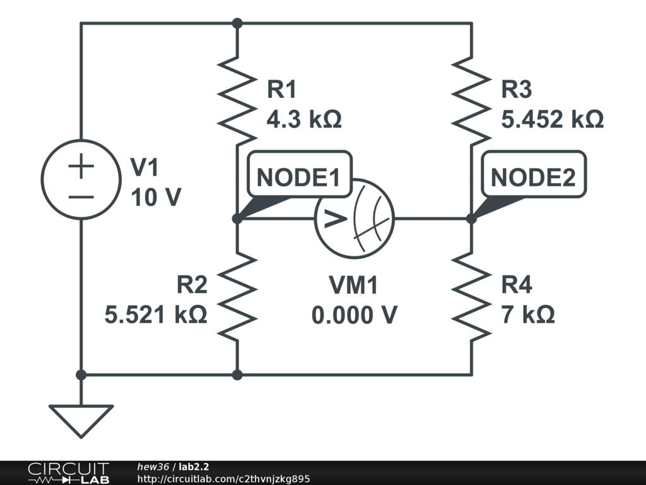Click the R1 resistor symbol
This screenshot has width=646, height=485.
(237, 99)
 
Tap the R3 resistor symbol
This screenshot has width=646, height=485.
(472, 99)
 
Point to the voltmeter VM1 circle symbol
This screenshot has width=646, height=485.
(354, 219)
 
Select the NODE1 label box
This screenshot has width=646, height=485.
(298, 177)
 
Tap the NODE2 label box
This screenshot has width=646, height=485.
(533, 177)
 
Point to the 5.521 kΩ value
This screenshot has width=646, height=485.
(156, 314)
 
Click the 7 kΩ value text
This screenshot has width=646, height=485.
(528, 314)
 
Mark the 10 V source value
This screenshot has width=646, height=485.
(156, 198)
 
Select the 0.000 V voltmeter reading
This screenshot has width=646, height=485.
(354, 314)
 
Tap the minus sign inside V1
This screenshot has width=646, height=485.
(81, 196)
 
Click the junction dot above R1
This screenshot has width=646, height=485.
(237, 23)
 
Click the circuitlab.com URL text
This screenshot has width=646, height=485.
(223, 479)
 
